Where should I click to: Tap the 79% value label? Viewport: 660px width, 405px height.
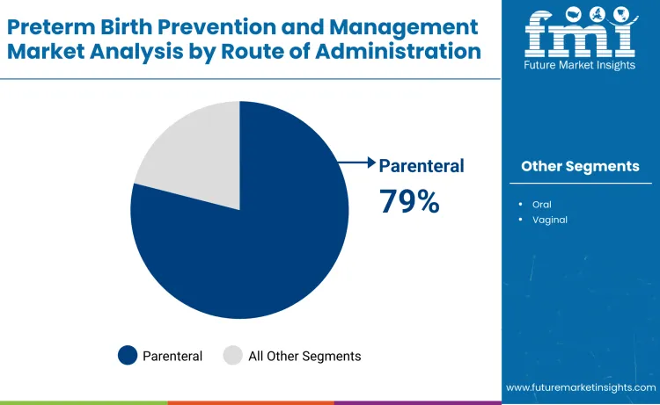pyautogui.click(x=409, y=201)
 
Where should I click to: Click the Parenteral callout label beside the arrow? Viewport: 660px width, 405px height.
pyautogui.click(x=421, y=165)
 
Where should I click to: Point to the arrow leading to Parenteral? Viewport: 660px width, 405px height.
pyautogui.click(x=356, y=163)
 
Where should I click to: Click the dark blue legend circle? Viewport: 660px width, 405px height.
pyautogui.click(x=128, y=356)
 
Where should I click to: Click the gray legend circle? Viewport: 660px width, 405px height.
pyautogui.click(x=232, y=356)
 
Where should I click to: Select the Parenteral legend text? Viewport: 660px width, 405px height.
pyautogui.click(x=173, y=356)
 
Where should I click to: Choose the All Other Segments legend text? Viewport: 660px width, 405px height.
pyautogui.click(x=304, y=356)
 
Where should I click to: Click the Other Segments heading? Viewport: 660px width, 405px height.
pyautogui.click(x=580, y=166)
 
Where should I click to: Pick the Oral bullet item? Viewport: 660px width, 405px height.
pyautogui.click(x=542, y=204)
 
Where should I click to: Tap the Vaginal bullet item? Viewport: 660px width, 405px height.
pyautogui.click(x=549, y=220)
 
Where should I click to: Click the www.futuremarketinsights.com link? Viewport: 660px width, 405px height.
pyautogui.click(x=581, y=387)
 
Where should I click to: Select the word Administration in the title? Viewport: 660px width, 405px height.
pyautogui.click(x=412, y=51)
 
